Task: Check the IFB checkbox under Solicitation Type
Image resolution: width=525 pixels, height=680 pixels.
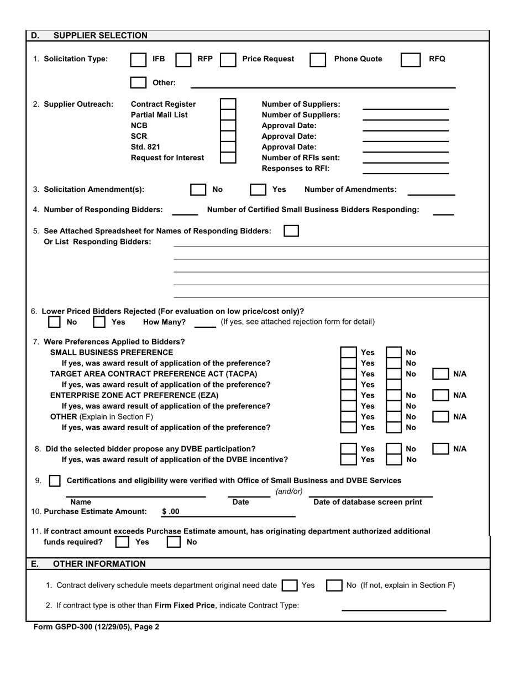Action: (x=138, y=60)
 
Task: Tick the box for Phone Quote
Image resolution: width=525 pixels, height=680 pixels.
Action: (x=318, y=60)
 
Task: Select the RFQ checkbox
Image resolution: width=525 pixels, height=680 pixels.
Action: (x=410, y=60)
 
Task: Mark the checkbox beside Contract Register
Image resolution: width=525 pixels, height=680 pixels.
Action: (x=228, y=104)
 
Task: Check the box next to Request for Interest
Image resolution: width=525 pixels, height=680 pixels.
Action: (x=228, y=158)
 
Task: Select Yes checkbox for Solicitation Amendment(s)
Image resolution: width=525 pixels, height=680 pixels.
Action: (x=258, y=190)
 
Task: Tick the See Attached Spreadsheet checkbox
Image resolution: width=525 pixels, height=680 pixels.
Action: (x=291, y=231)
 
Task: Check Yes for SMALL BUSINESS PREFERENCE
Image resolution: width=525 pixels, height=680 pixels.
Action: (x=348, y=353)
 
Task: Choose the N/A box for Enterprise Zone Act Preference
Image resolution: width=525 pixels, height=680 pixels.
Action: (x=440, y=395)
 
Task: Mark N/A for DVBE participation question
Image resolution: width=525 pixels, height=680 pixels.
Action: (x=440, y=449)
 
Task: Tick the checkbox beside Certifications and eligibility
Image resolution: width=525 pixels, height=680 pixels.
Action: (x=55, y=481)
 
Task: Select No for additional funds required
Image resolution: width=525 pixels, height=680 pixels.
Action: (x=174, y=542)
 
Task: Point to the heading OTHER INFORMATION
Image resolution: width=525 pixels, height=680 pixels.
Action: (x=99, y=564)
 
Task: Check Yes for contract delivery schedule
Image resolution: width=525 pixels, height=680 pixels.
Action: (x=289, y=585)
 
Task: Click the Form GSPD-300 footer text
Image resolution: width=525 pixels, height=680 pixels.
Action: (x=96, y=627)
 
